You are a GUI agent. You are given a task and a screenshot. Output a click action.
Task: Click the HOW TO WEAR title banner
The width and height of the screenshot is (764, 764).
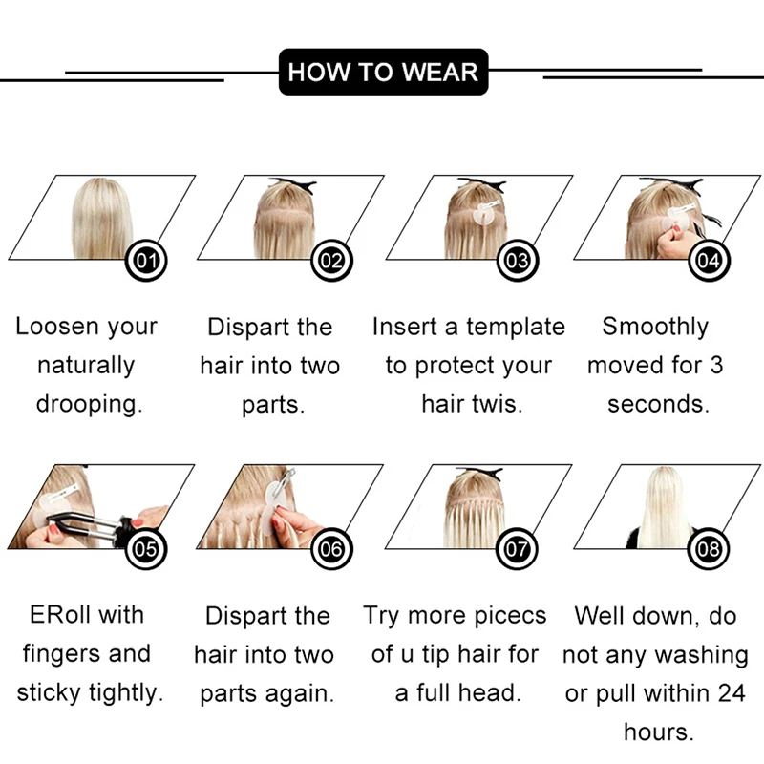tap(383, 72)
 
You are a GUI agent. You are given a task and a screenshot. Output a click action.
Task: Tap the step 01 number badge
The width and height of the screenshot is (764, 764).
tap(146, 261)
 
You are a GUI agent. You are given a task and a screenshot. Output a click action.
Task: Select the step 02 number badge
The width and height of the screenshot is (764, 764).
tap(331, 261)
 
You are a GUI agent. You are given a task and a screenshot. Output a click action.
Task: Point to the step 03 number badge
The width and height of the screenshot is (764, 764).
tap(518, 261)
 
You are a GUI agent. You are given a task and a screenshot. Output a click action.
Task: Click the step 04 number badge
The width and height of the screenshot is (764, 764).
tap(709, 261)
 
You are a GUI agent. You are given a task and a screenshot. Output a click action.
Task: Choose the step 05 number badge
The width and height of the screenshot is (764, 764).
tap(146, 549)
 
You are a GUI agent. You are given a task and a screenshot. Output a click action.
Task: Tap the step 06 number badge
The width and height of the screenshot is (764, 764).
tap(331, 549)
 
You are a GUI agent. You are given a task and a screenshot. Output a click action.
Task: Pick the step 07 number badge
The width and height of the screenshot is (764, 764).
tap(517, 549)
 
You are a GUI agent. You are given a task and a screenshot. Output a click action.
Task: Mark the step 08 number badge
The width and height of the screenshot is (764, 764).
tap(709, 549)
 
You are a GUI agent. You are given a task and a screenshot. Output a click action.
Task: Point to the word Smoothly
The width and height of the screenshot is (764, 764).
tap(655, 327)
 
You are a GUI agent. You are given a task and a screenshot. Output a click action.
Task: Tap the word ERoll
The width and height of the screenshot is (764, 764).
tap(60, 615)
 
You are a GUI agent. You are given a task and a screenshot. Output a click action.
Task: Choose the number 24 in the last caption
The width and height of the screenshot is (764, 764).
tap(732, 693)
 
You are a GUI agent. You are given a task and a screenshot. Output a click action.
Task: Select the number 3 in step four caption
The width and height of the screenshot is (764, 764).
tap(715, 366)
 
